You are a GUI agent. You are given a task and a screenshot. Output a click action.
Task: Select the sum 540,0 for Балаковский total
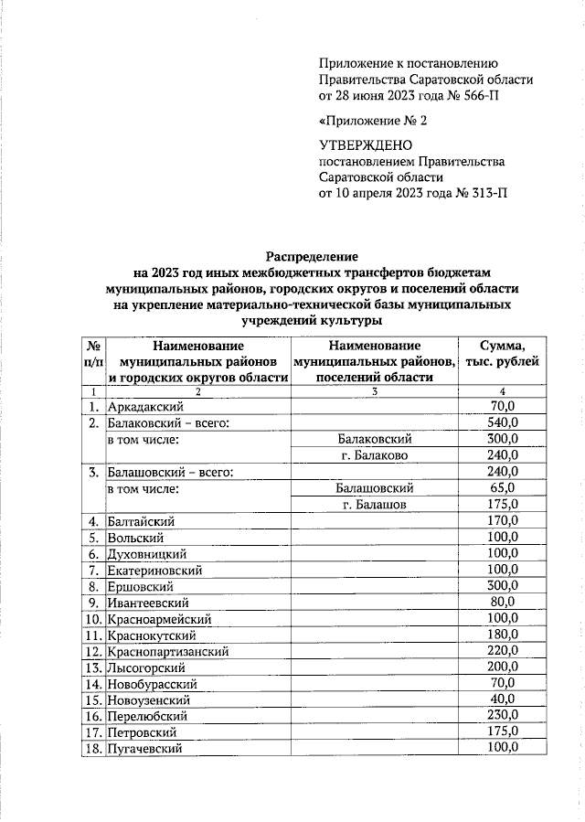[x=502, y=422]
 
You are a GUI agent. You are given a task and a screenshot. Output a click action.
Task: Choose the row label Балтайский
[x=141, y=521]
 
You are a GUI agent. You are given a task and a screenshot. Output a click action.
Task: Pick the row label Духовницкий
[x=147, y=554]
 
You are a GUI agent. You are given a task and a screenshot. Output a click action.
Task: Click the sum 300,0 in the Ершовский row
[x=502, y=585]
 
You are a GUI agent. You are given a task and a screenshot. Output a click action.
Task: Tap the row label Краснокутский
[x=152, y=635]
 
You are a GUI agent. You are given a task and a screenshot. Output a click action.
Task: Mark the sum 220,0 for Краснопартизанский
[x=502, y=651]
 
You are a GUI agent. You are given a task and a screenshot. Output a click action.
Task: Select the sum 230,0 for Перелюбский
[x=502, y=715]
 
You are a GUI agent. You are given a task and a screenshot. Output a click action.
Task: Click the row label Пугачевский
[x=146, y=748]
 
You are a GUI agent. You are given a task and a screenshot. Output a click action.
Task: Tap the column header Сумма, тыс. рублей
[x=502, y=361]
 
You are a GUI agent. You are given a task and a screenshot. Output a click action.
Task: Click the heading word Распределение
[x=312, y=257]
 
